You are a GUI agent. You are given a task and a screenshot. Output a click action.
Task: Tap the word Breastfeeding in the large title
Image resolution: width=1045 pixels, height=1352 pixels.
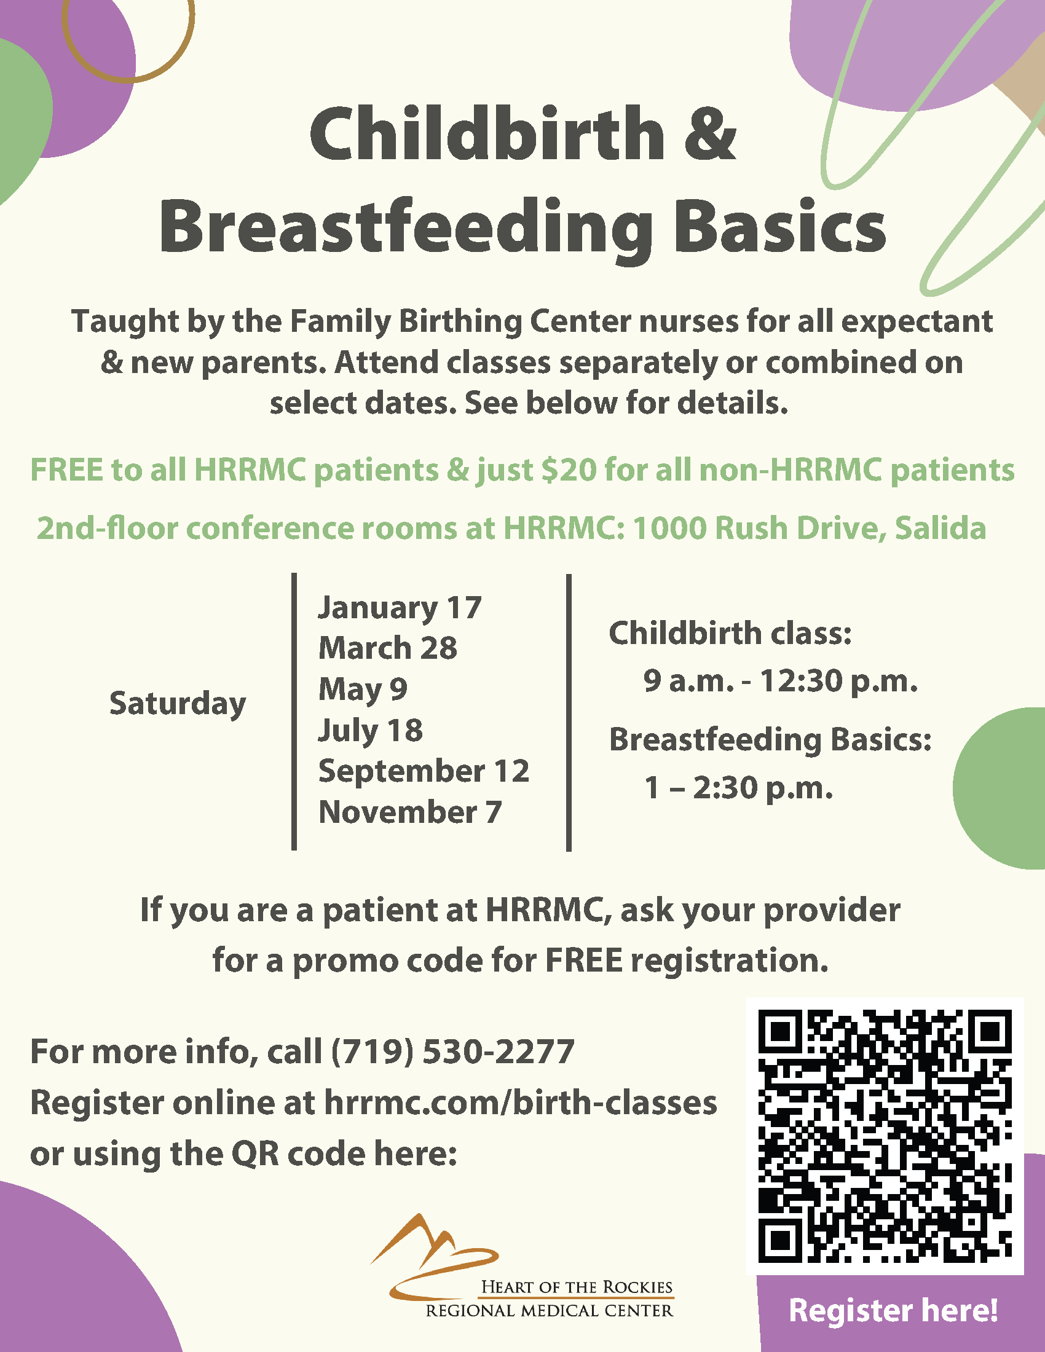click(x=406, y=228)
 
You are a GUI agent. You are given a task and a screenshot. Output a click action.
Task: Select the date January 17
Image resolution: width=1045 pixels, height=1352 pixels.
click(x=400, y=608)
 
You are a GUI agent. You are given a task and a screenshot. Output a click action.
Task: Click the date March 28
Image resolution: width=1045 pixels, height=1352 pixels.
click(x=387, y=648)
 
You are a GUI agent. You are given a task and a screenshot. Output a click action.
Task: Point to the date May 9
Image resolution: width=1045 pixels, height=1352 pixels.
click(x=363, y=689)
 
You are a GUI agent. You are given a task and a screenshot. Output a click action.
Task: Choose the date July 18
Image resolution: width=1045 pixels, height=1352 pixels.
click(x=370, y=730)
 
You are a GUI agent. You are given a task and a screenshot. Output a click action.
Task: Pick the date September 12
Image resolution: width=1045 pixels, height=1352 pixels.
click(x=424, y=771)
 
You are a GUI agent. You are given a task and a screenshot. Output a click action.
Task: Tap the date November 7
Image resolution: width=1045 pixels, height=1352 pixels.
click(x=409, y=812)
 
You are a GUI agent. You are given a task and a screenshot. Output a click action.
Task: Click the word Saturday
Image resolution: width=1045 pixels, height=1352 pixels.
click(x=178, y=704)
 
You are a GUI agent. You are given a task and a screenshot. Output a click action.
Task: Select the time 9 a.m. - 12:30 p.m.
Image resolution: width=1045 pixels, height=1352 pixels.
click(x=780, y=681)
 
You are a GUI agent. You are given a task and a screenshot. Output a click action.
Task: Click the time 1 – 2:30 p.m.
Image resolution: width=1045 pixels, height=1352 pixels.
click(x=738, y=788)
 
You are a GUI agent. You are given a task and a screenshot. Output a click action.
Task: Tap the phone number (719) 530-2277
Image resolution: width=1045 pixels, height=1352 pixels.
click(x=452, y=1051)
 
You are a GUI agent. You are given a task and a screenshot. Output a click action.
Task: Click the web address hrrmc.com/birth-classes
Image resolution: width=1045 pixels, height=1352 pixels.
click(x=520, y=1102)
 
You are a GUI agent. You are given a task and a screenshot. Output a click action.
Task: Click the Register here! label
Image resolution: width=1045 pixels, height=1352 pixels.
click(x=893, y=1311)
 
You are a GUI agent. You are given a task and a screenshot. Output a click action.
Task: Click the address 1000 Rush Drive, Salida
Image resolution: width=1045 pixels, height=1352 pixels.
click(x=809, y=528)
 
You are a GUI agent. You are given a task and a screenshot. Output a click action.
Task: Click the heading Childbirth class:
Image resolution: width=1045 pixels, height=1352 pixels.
click(x=730, y=633)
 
